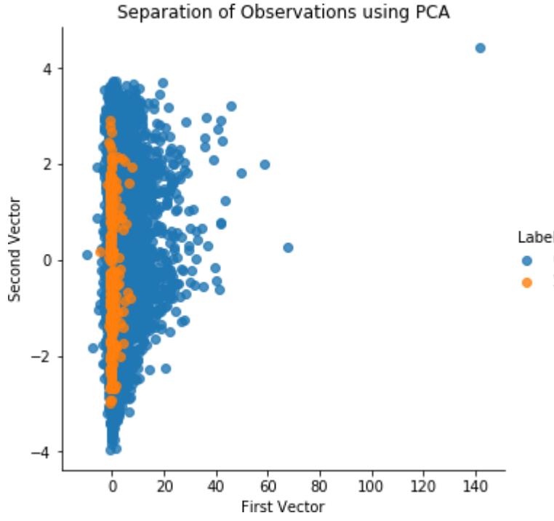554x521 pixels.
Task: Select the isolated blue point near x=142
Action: click(x=480, y=48)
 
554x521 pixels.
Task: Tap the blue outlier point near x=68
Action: click(x=288, y=247)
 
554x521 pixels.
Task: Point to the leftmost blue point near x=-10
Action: click(x=87, y=255)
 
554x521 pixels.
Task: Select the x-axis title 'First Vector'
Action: click(x=284, y=506)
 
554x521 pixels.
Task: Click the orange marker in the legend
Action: click(x=527, y=282)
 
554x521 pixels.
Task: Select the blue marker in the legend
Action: click(x=527, y=260)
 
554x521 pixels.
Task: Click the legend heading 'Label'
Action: click(x=535, y=237)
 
